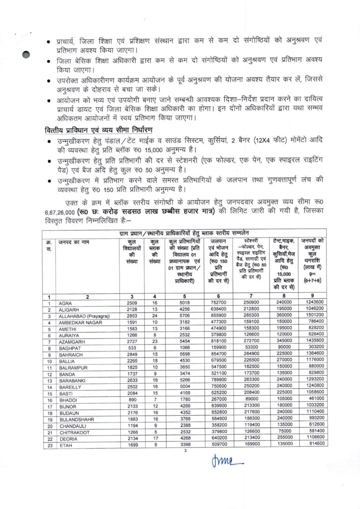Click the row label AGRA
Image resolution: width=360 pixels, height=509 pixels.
(x=66, y=302)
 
